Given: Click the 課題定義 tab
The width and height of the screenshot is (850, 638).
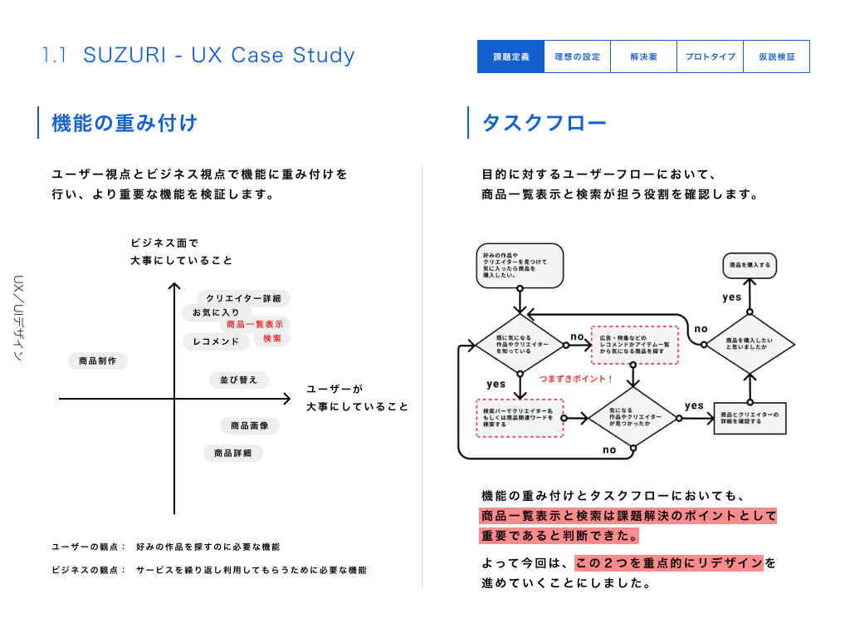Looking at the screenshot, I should [x=510, y=56].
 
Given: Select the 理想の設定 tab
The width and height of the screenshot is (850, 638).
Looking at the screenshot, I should [x=577, y=56].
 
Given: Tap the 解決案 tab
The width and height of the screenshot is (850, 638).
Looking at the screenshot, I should [x=643, y=56].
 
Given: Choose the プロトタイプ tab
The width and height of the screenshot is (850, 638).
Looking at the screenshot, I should [x=710, y=56].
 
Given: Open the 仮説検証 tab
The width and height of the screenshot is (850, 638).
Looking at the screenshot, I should [x=776, y=56].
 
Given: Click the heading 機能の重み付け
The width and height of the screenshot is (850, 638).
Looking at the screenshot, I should [x=125, y=123].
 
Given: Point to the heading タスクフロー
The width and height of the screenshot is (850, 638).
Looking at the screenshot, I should [x=544, y=124].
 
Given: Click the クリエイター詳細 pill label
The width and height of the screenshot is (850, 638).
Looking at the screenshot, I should [x=243, y=298].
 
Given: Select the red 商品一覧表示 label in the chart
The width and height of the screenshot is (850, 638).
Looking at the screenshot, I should [x=255, y=325].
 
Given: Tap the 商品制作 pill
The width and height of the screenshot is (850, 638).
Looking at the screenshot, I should [x=97, y=361].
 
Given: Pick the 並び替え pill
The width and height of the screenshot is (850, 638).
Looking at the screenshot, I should [x=238, y=380].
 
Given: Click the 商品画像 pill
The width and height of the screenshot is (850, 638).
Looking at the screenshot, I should [x=249, y=425].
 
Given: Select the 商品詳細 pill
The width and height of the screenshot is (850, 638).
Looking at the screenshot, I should [x=232, y=453].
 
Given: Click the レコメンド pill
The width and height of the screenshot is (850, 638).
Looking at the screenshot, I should [x=215, y=341].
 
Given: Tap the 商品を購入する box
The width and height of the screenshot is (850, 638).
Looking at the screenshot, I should [x=750, y=265].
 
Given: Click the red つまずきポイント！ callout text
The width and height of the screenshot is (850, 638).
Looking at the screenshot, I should [x=575, y=379].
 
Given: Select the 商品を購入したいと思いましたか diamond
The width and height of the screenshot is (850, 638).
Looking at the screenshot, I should [x=749, y=343].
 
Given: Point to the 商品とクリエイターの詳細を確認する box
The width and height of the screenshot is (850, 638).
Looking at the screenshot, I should [x=749, y=418].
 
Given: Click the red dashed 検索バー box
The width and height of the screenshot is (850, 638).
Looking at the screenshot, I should [x=519, y=418].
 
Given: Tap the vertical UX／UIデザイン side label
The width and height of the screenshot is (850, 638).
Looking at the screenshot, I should [x=19, y=317].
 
